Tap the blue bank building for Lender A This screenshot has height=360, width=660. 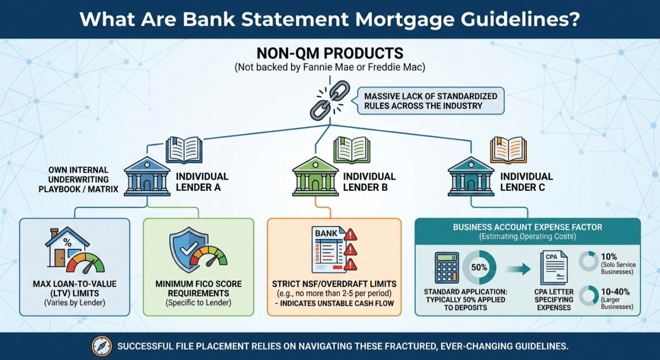coord(147,176)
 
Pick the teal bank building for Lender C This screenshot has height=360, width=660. coord(471,176)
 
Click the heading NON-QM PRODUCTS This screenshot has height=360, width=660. coord(330,54)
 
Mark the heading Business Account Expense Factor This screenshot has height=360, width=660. coord(527,227)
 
